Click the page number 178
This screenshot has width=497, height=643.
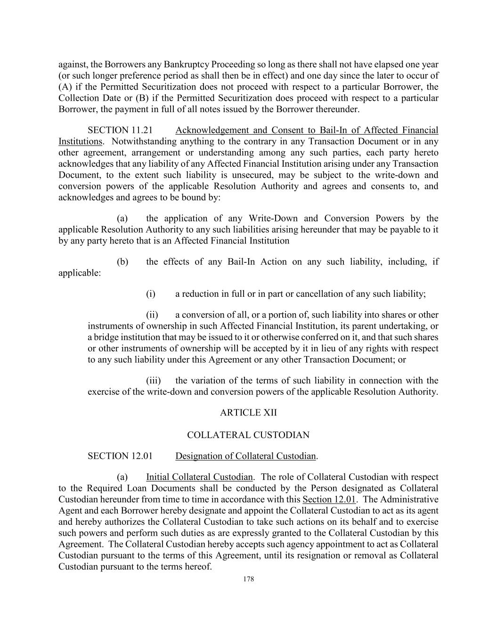[x=248, y=579]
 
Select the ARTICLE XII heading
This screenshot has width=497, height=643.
[x=248, y=413]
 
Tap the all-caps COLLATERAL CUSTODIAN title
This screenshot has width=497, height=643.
[x=248, y=435]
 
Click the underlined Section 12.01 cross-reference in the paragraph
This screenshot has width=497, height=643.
[x=329, y=499]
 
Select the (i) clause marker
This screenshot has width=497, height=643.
[x=151, y=294]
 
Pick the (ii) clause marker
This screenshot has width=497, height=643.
[x=152, y=315]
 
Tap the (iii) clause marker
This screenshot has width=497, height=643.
[x=153, y=381]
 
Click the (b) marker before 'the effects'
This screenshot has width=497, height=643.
[x=122, y=261]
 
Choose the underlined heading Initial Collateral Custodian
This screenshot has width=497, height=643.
[x=199, y=477]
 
